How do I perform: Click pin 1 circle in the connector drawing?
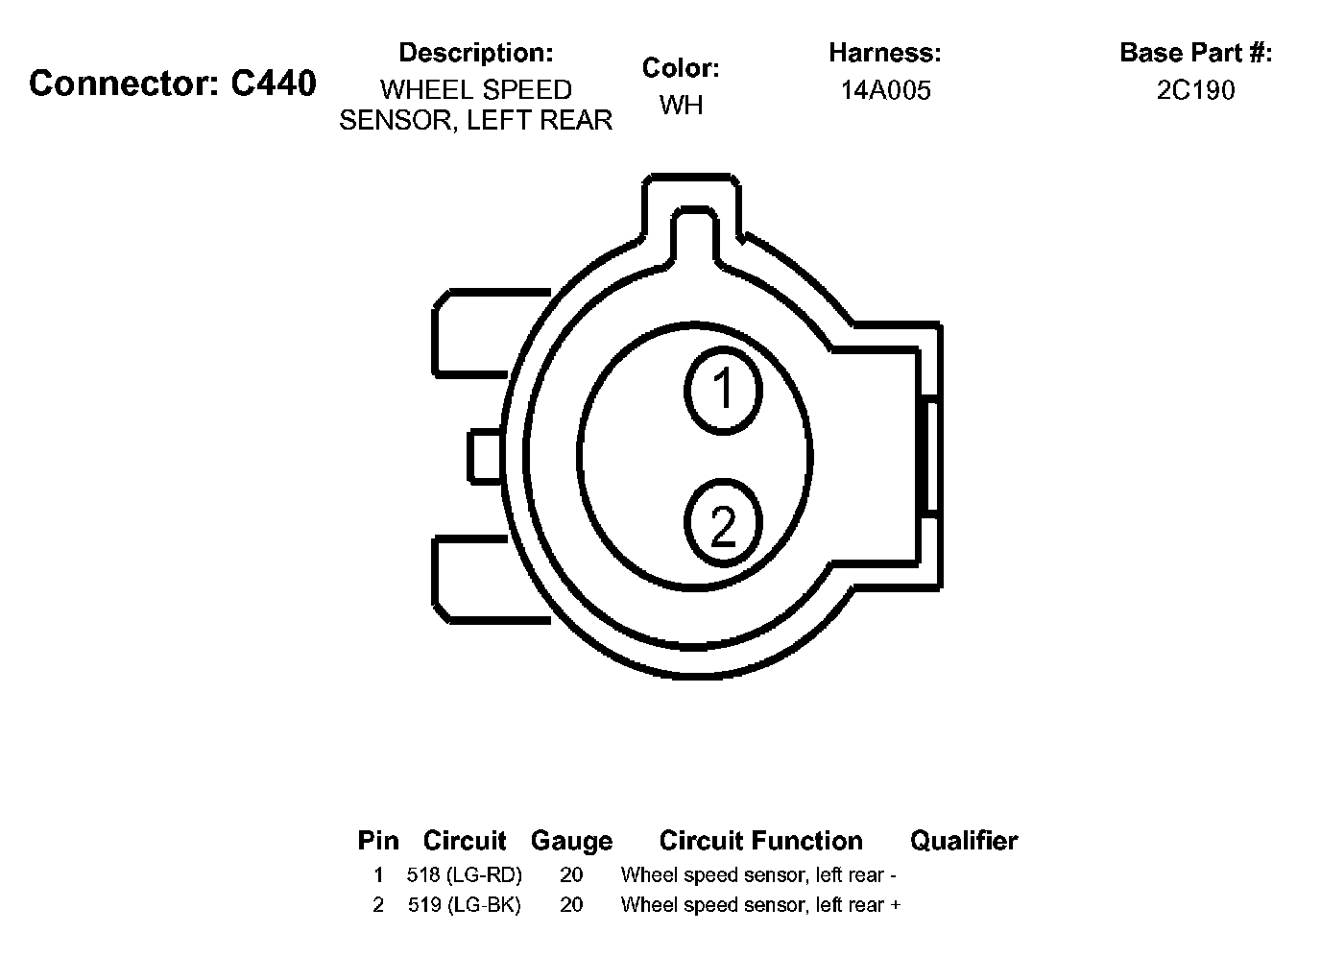pyautogui.click(x=723, y=391)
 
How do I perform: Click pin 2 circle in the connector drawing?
pyautogui.click(x=723, y=522)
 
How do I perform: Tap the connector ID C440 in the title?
pyautogui.click(x=273, y=84)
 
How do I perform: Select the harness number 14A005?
pyautogui.click(x=885, y=90)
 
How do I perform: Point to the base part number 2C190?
pyautogui.click(x=1195, y=90)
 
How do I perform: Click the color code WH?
pyautogui.click(x=681, y=106)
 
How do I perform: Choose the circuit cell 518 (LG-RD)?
pyautogui.click(x=464, y=874)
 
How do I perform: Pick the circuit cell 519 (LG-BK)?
pyautogui.click(x=464, y=905)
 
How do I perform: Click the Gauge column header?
pyautogui.click(x=571, y=841)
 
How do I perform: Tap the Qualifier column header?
pyautogui.click(x=964, y=841)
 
